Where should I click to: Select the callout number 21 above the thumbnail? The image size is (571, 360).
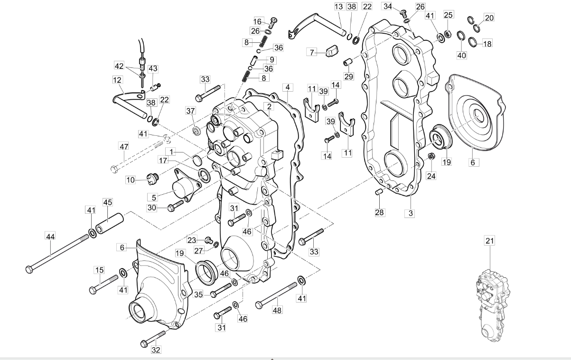tap(490, 241)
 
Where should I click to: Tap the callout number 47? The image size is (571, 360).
tap(124, 146)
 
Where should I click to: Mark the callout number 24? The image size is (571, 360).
tap(431, 176)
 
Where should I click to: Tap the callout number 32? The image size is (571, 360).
tap(156, 350)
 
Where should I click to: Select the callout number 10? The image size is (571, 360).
tap(131, 180)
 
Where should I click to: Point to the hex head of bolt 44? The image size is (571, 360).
tap(29, 269)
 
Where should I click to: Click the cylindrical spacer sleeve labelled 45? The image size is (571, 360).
tap(110, 223)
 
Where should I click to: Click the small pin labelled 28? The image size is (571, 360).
tap(378, 191)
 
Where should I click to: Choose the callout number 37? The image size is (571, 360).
tap(190, 111)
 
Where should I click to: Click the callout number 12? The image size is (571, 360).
tap(117, 80)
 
